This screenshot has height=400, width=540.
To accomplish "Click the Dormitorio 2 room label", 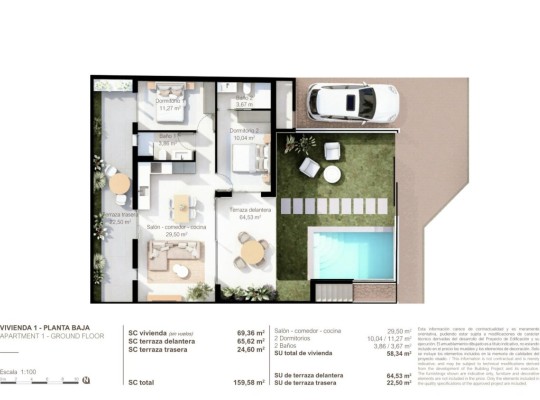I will click(x=244, y=131).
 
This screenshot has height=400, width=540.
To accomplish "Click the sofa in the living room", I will click(x=180, y=265).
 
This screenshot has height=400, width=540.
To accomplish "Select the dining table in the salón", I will click(x=181, y=207).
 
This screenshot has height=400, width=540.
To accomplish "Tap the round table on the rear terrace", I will click(x=119, y=183).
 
